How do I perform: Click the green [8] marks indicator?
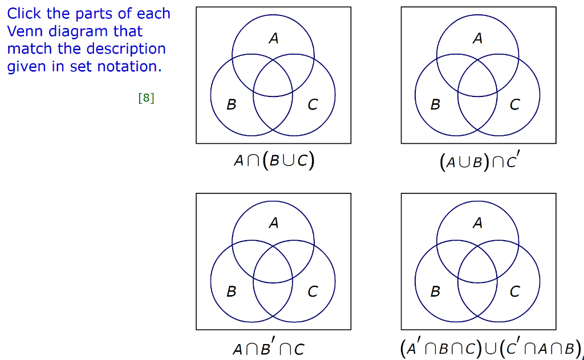146,98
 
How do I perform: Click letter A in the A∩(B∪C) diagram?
274,39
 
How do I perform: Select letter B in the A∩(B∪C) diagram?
231,105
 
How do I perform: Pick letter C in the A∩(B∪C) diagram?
313,105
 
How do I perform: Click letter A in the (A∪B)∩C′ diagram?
478,39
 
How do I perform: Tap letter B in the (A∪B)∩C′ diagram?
435,105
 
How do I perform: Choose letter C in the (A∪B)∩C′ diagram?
514,105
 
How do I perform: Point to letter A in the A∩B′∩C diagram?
274,223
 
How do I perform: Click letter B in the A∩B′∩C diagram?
231,292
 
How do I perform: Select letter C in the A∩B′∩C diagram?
313,292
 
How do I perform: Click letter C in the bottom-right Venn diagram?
514,292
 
